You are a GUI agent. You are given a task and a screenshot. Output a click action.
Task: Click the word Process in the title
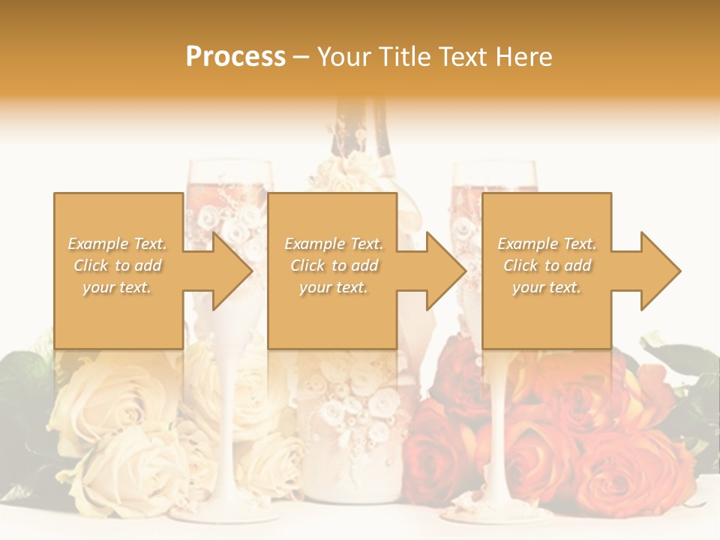click(x=235, y=57)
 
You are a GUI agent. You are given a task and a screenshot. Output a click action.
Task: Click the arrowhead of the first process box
click(x=232, y=271)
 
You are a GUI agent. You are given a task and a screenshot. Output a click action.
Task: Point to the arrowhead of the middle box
click(x=446, y=271)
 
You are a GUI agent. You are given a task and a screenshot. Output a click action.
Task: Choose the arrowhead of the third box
click(x=660, y=271)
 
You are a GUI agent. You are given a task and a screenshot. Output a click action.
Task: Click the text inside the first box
click(x=118, y=265)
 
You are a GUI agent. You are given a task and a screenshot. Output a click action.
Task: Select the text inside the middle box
click(x=334, y=265)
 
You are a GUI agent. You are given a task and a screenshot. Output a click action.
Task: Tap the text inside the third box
click(x=547, y=265)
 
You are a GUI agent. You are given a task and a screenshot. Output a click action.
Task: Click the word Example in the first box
click(x=97, y=244)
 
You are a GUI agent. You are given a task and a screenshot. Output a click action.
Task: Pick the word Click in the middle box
click(x=306, y=265)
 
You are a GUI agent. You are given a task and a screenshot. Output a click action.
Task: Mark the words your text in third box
click(x=547, y=287)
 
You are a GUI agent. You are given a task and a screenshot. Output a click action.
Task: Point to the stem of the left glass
click(x=224, y=420)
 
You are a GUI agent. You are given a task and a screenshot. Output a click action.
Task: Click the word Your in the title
click(x=345, y=57)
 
